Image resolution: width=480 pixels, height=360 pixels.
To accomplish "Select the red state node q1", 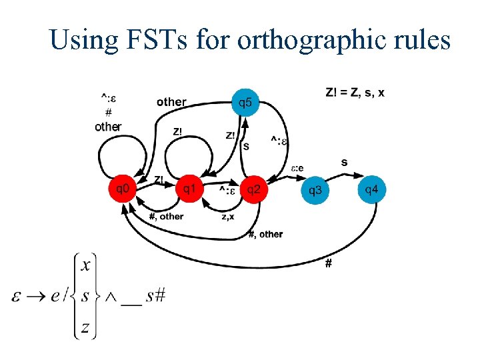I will tap(189, 190).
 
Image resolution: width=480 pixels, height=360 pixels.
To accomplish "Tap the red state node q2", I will tap(254, 190).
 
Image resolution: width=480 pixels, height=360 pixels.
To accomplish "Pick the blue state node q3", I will tap(315, 191).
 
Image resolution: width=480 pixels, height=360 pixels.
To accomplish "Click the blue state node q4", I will tap(372, 190).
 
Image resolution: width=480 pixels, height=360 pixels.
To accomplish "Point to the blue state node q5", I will tap(246, 103).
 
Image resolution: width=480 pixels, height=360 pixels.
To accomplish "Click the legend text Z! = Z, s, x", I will tap(355, 92).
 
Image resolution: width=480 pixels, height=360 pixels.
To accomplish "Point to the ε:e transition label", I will tap(297, 168).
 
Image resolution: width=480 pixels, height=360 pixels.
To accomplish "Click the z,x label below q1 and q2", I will tap(227, 216).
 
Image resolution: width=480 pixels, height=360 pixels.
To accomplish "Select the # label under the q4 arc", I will tap(328, 264).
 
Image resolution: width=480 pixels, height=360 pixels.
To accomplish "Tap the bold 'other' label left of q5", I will tap(171, 102).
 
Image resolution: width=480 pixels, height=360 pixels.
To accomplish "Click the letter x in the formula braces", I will tap(85, 265).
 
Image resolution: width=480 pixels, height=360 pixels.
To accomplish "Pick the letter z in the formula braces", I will tap(85, 327).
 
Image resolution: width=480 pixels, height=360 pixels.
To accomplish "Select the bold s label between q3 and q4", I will tap(344, 162).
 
